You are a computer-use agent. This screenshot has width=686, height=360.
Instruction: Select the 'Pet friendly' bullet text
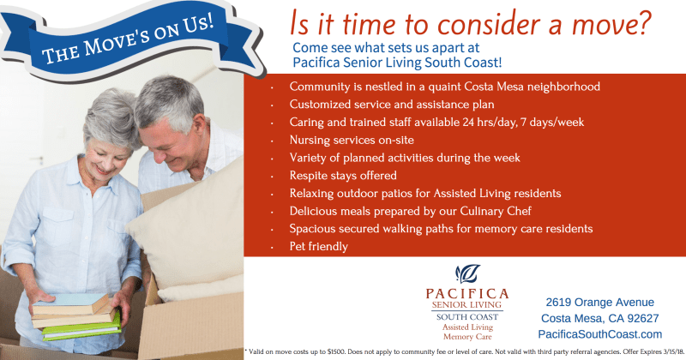point(318,247)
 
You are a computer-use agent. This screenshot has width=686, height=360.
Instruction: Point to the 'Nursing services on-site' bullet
point(352,140)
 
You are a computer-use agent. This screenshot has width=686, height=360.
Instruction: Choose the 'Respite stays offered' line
point(343,176)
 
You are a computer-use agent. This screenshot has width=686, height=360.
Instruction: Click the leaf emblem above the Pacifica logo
point(467,274)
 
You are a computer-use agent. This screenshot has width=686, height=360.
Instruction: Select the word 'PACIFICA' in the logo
point(467,293)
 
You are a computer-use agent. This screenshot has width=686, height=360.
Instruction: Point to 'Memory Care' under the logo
point(467,337)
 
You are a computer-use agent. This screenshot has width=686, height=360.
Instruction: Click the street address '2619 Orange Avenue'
point(599,303)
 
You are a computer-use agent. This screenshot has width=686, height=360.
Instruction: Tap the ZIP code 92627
point(643,319)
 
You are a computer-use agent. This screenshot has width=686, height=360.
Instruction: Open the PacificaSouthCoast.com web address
point(599,334)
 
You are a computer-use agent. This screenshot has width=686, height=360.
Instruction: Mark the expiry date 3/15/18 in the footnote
point(673,351)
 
